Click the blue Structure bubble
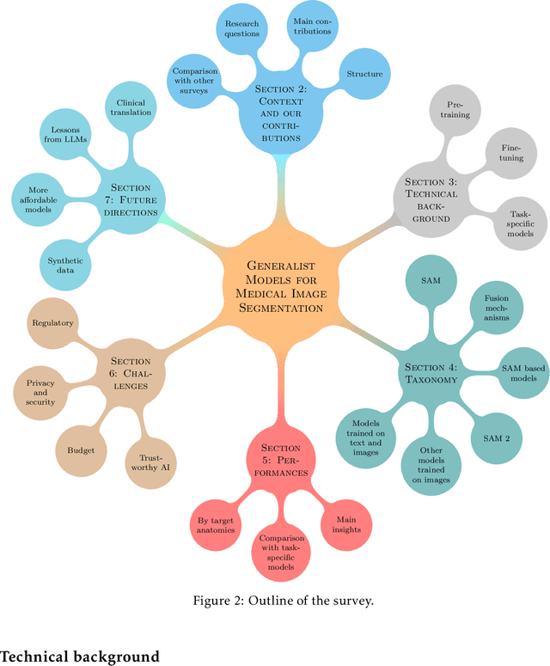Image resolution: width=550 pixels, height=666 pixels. pos(364,74)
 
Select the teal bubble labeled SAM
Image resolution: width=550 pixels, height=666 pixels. pos(431,281)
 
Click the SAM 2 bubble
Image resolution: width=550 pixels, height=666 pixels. pos(496,438)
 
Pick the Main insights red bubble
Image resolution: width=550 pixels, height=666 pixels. pos(348,523)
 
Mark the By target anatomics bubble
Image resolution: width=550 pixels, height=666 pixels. pos(216,523)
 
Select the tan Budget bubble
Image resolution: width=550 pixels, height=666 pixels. pos(81,449)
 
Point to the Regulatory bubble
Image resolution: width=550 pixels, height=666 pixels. pos(52,323)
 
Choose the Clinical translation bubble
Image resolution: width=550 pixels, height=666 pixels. pos(130,107)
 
